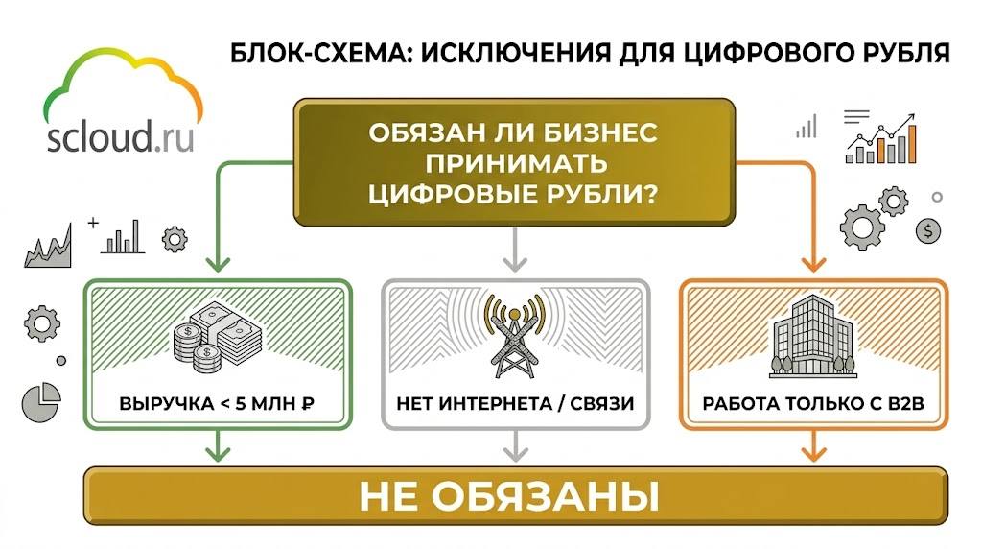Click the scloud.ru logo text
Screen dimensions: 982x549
coord(120,136)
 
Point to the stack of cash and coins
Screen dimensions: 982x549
coord(217,339)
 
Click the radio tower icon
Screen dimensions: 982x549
coord(515,335)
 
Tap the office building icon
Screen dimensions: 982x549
coord(813,338)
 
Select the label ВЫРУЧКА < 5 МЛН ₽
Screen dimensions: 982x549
coord(217,404)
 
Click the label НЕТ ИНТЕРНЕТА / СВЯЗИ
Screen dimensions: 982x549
coord(515,404)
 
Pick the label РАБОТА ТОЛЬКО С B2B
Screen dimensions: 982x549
coord(813,404)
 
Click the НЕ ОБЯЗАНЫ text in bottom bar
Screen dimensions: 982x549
coord(509,497)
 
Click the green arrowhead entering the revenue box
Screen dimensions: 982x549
coord(218,264)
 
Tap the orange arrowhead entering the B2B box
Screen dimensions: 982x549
coord(813,264)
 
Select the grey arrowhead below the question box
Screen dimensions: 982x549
coord(515,264)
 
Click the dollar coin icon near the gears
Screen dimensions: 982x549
coord(928,230)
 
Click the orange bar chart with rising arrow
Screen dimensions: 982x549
coord(882,139)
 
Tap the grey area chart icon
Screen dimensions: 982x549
coord(48,247)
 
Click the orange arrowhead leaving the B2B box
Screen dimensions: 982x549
coord(813,453)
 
